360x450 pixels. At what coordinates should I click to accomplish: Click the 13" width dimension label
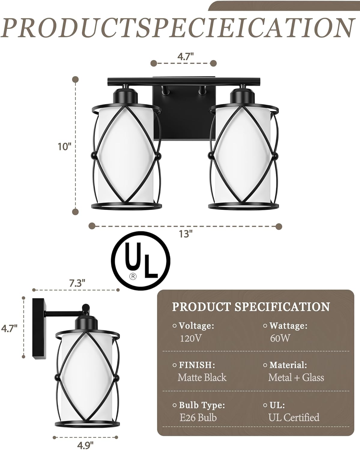pos(186,234)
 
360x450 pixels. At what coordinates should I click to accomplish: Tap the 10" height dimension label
pos(65,147)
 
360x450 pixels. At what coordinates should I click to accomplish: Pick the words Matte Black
pos(202,377)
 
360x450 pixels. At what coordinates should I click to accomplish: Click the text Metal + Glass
pos(296,377)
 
